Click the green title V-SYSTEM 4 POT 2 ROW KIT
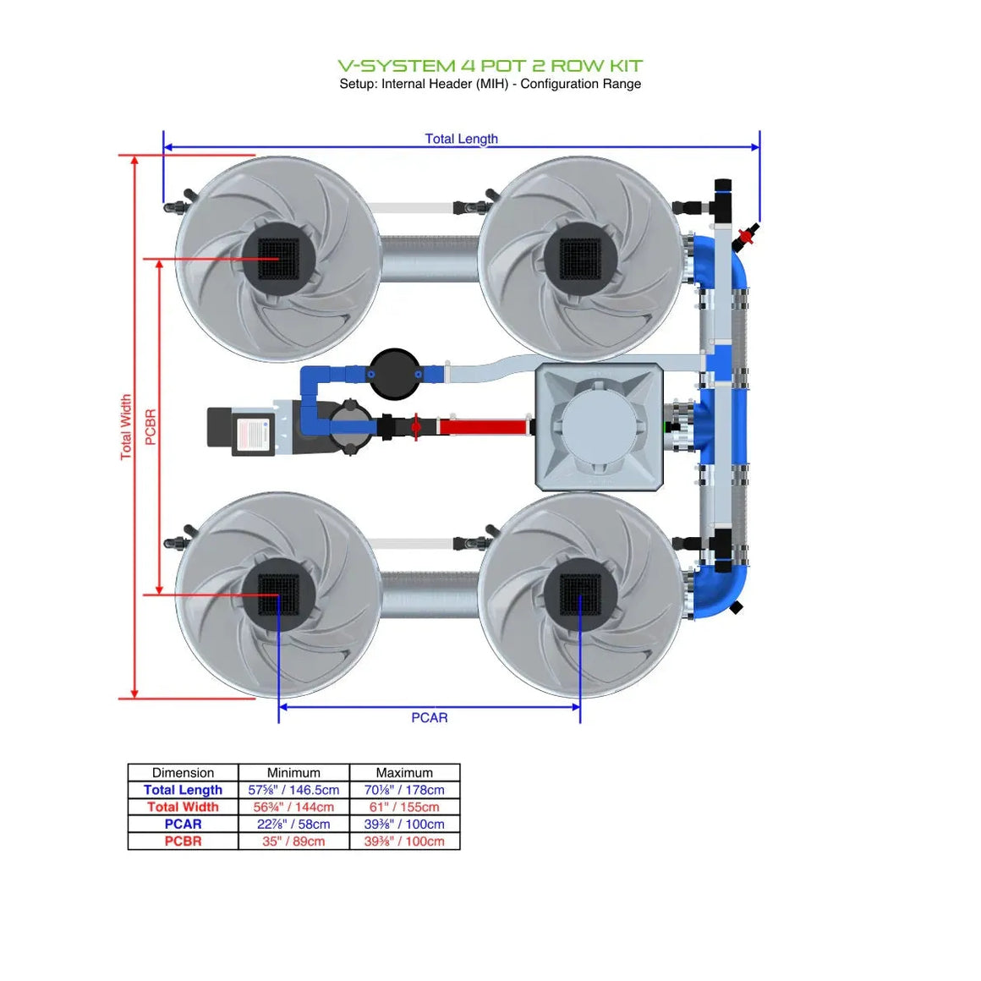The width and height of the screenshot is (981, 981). (490, 66)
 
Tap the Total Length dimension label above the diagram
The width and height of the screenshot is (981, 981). (461, 139)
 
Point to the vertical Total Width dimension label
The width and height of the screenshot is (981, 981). (126, 427)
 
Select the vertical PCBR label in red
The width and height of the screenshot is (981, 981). (151, 427)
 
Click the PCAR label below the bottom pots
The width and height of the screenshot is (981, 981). (430, 717)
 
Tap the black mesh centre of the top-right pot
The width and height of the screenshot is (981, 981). (580, 257)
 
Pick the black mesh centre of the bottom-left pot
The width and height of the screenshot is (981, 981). (278, 595)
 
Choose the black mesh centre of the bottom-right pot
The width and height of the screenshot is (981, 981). (580, 595)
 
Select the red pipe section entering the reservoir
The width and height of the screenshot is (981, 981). (482, 426)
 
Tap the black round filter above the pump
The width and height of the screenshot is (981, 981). (394, 373)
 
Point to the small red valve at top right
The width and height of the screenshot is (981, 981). (746, 236)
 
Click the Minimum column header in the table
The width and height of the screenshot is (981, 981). (293, 772)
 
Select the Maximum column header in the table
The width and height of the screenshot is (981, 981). (404, 772)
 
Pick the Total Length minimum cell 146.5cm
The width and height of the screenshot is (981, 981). (293, 790)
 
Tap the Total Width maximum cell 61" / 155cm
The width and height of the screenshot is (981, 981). (404, 807)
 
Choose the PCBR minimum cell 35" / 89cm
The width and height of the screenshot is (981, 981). (293, 841)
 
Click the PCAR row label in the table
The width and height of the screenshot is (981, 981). (183, 824)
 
